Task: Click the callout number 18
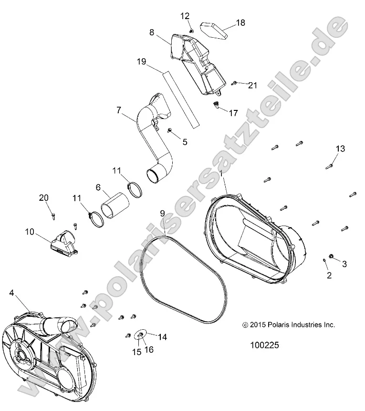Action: [240, 22]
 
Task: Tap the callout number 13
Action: [340, 149]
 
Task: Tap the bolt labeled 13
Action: [329, 166]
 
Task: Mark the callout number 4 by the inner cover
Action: [11, 293]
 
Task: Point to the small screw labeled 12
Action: [191, 30]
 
